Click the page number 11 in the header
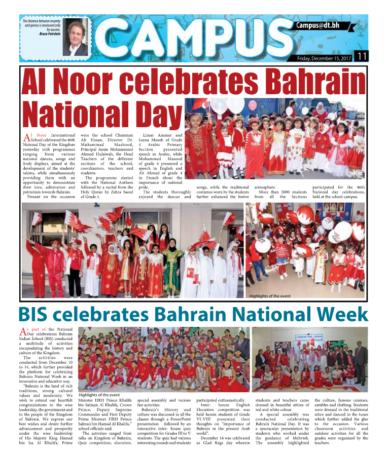pos(362,56)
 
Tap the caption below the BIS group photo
pos(99,394)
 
